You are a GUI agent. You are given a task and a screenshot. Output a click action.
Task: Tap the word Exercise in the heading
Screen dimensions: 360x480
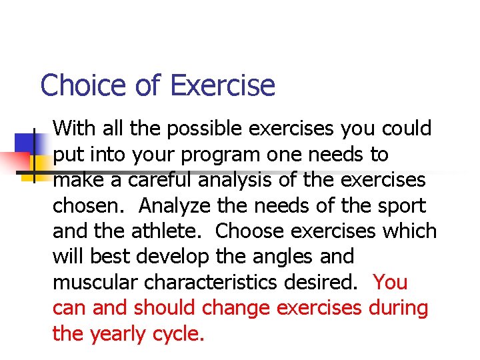point(222,86)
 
